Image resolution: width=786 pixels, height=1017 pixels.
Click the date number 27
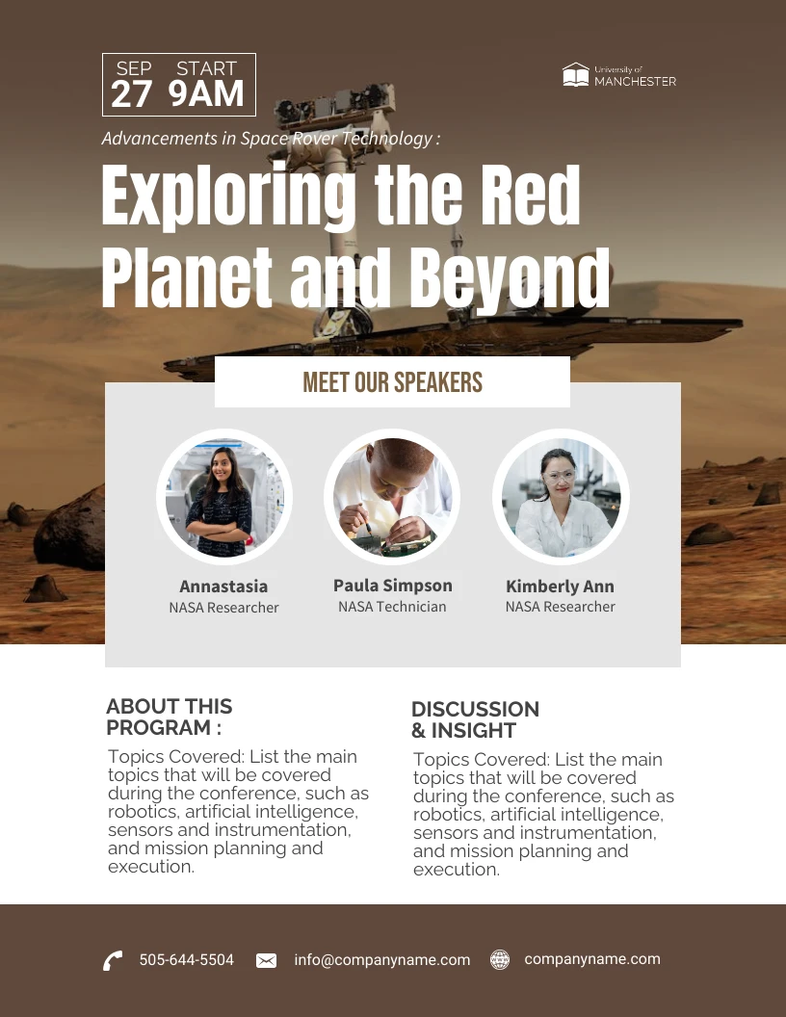[x=132, y=94]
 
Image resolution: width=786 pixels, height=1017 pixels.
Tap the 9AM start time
[x=206, y=94]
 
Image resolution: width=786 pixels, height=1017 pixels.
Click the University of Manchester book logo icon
[x=576, y=75]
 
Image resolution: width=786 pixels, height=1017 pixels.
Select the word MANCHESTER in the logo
[x=636, y=82]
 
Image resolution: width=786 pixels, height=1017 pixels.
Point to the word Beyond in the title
[x=511, y=278]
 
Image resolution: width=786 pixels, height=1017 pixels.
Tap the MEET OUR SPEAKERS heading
[x=392, y=382]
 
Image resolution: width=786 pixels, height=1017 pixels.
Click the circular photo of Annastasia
[x=224, y=498]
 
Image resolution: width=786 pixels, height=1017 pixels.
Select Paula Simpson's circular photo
[x=392, y=497]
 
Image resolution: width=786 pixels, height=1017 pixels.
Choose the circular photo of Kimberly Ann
[x=561, y=497]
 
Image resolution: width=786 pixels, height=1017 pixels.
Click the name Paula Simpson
[x=392, y=586]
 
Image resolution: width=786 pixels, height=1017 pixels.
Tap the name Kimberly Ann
[x=560, y=587]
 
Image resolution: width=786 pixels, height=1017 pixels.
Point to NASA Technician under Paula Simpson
[x=392, y=607]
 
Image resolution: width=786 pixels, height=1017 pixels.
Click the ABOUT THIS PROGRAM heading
[x=170, y=717]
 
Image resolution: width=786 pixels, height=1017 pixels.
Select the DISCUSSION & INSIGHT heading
[x=475, y=719]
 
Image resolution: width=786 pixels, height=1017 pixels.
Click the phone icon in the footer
[x=113, y=960]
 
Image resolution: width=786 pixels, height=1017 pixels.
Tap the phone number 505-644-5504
[x=187, y=960]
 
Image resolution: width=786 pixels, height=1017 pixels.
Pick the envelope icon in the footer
[x=267, y=960]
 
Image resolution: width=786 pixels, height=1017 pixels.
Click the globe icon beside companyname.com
[x=500, y=959]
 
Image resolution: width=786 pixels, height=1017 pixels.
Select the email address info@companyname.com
[x=382, y=960]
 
